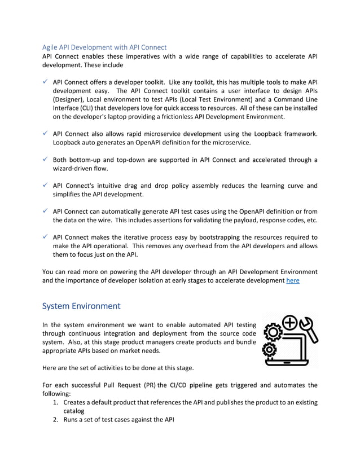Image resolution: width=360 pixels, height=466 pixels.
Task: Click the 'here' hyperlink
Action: click(293, 280)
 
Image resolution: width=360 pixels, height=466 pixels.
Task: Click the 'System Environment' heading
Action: click(81, 306)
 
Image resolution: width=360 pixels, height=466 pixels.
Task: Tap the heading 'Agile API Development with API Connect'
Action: click(104, 47)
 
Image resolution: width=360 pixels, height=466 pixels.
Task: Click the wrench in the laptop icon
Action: click(308, 330)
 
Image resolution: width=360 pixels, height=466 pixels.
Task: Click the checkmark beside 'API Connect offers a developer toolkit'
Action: click(45, 81)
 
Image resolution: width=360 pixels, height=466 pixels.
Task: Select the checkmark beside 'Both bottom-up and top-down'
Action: click(45, 160)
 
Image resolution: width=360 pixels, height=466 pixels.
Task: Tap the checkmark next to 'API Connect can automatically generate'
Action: click(45, 212)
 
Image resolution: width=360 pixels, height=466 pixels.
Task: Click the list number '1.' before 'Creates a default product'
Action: click(56, 402)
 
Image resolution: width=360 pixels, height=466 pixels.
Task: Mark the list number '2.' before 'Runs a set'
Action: click(56, 420)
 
